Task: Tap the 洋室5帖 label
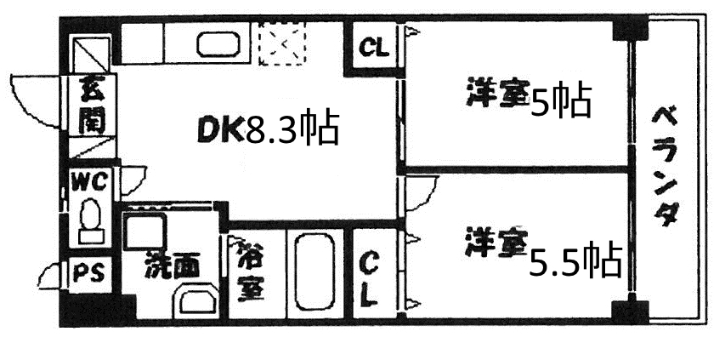[x=528, y=100]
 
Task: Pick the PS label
[x=88, y=274]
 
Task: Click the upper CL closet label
[x=374, y=48]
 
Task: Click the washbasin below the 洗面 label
[x=196, y=303]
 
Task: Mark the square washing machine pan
[x=144, y=233]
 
